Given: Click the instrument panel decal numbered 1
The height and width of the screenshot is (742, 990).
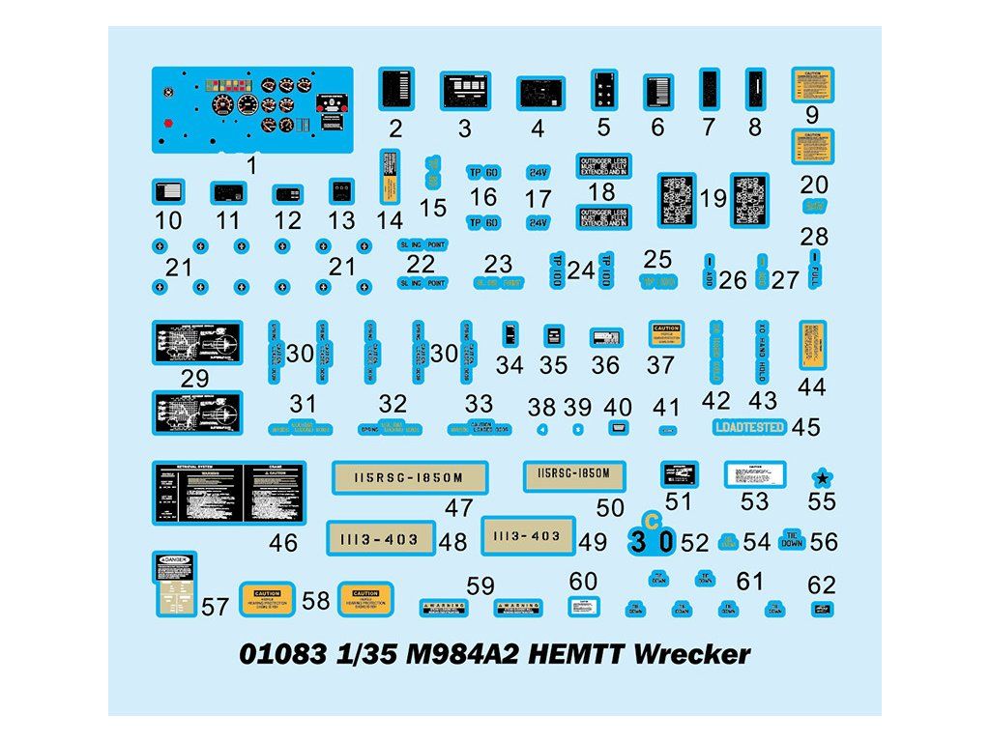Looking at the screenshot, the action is (x=249, y=109).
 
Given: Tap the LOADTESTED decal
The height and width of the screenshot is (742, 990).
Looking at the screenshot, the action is (x=750, y=427).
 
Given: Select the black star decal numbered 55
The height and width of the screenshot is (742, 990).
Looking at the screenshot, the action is (x=822, y=477).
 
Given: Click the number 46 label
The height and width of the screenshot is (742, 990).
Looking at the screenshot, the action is (x=283, y=543).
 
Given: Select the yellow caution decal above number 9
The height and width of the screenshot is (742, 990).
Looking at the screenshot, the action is (x=813, y=84).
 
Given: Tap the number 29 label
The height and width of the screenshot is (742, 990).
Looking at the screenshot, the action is (x=194, y=379).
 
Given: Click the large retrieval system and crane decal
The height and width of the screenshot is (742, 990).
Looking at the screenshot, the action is (x=229, y=493).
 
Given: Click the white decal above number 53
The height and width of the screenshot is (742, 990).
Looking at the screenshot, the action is (x=755, y=474).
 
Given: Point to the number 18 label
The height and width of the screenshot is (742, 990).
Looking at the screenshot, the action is (x=600, y=192).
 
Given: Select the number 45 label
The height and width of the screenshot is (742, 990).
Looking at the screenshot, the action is (x=805, y=427).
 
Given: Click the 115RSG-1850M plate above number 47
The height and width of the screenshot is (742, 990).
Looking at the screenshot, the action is (x=410, y=476).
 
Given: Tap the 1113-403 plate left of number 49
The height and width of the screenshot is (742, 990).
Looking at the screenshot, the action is (x=527, y=535).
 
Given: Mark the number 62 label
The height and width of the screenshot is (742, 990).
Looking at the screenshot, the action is (x=822, y=585).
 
